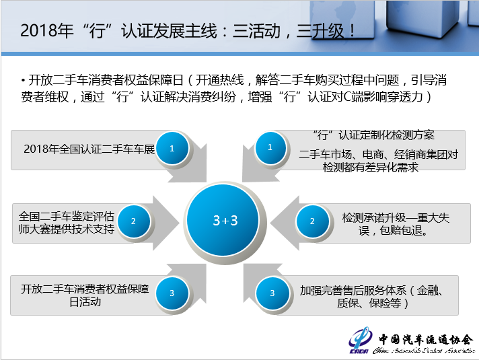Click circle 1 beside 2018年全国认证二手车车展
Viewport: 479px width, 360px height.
point(172,149)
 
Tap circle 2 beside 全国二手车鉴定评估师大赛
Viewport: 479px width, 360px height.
point(133,221)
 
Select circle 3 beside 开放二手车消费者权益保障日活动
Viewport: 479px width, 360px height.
point(172,293)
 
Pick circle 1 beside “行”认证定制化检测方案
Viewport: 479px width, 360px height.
point(270,147)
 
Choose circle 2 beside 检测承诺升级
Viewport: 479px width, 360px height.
point(312,221)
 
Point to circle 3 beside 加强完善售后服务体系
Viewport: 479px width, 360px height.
point(272,293)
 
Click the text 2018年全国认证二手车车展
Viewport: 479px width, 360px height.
point(89,149)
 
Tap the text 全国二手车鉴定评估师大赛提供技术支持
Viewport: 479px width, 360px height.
point(67,223)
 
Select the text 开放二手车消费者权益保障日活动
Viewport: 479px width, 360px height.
point(85,295)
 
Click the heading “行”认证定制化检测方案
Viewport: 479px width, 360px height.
point(373,135)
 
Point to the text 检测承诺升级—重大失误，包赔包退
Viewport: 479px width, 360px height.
point(396,224)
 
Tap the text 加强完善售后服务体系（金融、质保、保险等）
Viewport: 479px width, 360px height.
point(371,297)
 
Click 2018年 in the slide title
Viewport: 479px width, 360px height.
point(46,30)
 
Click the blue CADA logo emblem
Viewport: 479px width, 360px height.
point(360,340)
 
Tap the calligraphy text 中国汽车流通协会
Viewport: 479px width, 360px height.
point(426,339)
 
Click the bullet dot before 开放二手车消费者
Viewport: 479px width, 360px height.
point(24,81)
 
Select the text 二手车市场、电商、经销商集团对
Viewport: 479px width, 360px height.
point(378,154)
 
